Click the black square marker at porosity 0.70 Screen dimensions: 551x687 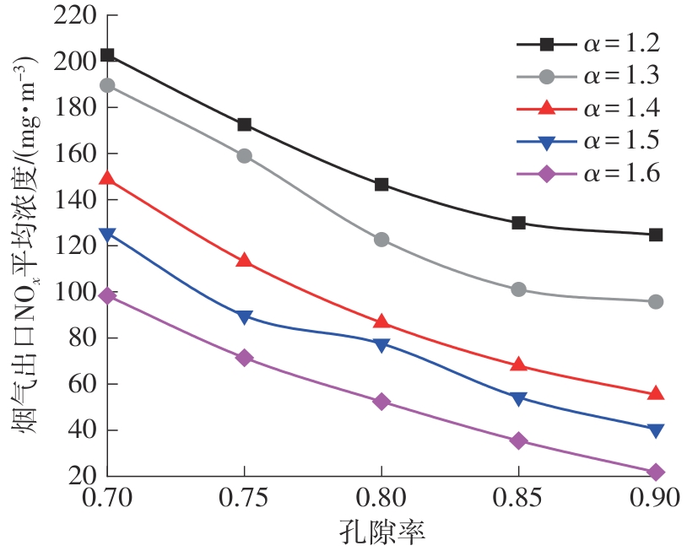107,55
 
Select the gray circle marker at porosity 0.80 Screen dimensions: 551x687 381,240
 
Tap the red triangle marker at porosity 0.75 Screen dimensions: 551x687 244,260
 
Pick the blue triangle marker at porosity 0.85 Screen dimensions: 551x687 518,398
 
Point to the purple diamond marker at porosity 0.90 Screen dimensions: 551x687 656,472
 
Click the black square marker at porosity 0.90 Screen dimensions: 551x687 656,235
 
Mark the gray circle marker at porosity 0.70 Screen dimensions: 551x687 107,85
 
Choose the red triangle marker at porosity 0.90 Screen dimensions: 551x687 656,393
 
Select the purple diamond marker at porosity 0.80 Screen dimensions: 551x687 381,402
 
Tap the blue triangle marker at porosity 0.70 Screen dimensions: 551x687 107,235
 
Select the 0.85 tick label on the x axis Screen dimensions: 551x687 518,499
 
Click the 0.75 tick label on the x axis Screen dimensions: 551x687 244,499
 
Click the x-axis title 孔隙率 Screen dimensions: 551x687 381,532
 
